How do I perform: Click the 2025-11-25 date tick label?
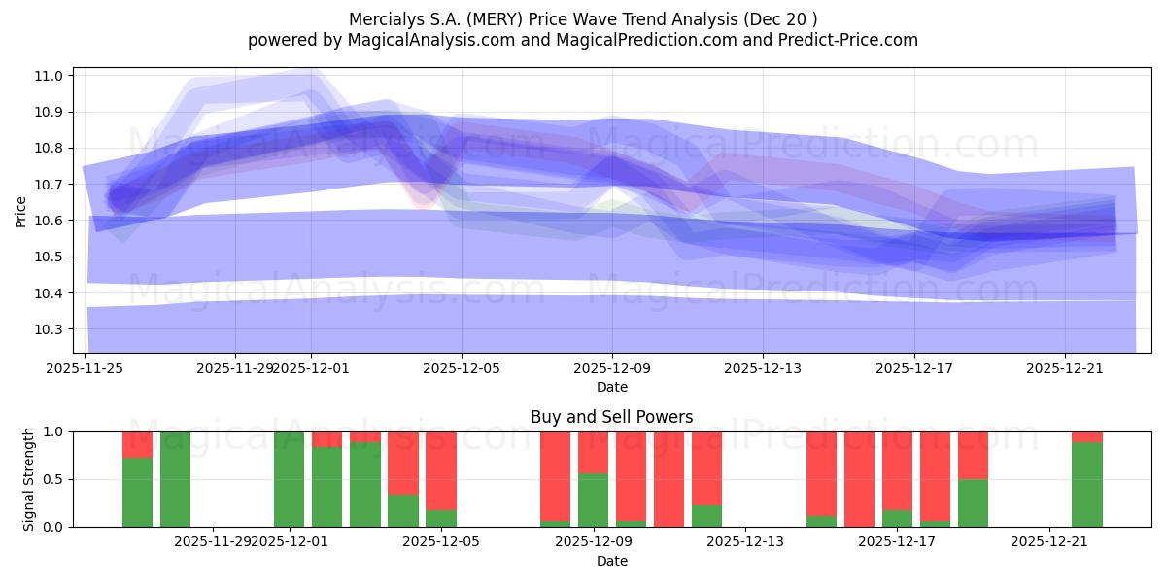coord(85,368)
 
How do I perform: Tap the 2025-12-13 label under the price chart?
coord(763,368)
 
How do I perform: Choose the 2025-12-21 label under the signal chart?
coord(1049,542)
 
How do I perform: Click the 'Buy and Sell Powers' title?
coord(611,417)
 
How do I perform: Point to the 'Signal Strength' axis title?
coord(29,478)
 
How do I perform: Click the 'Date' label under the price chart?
coord(611,387)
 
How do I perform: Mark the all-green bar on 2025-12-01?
coord(290,479)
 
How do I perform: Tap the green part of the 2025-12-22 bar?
coord(1087,484)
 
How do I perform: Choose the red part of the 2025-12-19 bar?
coord(973,455)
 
